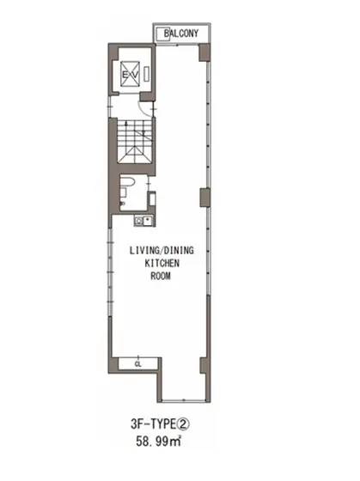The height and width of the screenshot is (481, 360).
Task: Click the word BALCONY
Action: pyautogui.click(x=181, y=33)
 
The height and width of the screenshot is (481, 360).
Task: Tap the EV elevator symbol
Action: pyautogui.click(x=130, y=74)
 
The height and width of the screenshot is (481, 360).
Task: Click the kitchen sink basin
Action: pyautogui.click(x=148, y=221)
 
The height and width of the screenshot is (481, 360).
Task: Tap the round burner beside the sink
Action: pyautogui.click(x=138, y=221)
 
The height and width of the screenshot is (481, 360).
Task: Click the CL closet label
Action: pyautogui.click(x=137, y=365)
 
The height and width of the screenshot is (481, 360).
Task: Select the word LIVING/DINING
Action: pyautogui.click(x=162, y=250)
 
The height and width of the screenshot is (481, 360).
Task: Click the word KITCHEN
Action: pyautogui.click(x=162, y=263)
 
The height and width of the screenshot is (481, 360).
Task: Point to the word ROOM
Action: pyautogui.click(x=161, y=276)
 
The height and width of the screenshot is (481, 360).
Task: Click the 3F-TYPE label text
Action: pyautogui.click(x=154, y=424)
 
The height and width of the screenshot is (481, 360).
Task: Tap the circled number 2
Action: pyautogui.click(x=184, y=424)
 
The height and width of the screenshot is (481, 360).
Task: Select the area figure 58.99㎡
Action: pyautogui.click(x=158, y=441)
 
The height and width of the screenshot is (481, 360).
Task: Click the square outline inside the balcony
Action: pyautogui.click(x=162, y=33)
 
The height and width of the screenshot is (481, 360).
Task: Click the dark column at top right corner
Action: pyautogui.click(x=204, y=52)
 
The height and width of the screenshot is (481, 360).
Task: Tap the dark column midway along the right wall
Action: pyautogui.click(x=205, y=198)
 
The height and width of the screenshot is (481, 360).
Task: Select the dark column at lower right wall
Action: pyautogui.click(x=205, y=366)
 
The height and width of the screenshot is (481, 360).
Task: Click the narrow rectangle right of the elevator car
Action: pyautogui.click(x=147, y=74)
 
